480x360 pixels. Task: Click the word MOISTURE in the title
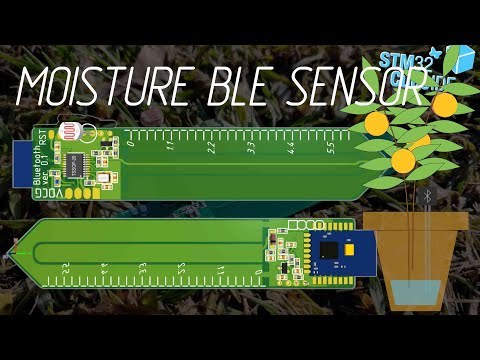pyautogui.click(x=101, y=86)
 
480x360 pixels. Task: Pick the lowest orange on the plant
pyautogui.click(x=402, y=160)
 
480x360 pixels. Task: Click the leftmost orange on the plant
pyautogui.click(x=376, y=124)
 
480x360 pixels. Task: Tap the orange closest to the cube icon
pyautogui.click(x=444, y=103)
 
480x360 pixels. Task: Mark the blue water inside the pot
pyautogui.click(x=412, y=292)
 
